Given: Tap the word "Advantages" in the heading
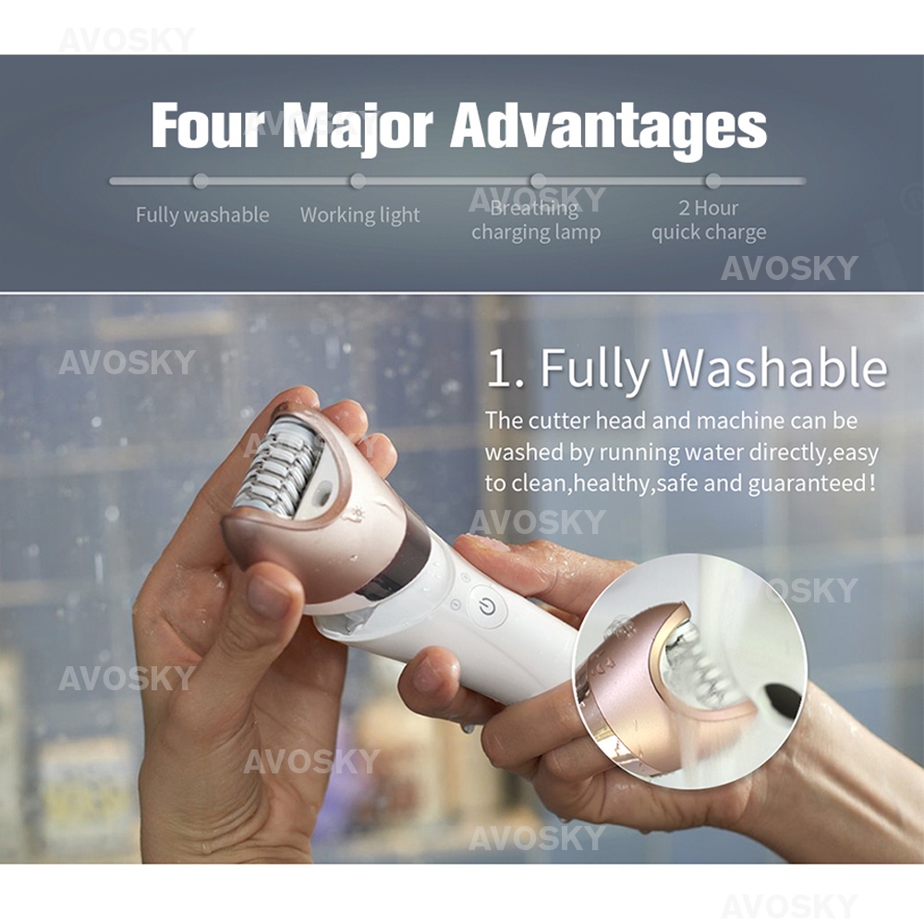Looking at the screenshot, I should (x=608, y=127).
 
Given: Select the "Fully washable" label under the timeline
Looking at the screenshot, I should (x=202, y=215).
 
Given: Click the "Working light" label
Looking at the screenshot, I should (x=359, y=215).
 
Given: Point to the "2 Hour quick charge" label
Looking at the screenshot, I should (x=709, y=220).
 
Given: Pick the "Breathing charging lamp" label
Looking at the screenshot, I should (x=536, y=221).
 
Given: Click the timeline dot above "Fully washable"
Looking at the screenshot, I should (x=201, y=181).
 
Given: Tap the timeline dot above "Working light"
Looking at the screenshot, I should (x=358, y=181).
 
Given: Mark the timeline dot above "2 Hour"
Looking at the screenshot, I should (x=712, y=181).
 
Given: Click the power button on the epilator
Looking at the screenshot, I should (x=487, y=606).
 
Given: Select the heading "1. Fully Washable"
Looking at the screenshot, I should (x=686, y=369).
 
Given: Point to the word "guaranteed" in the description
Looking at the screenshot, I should (x=807, y=483).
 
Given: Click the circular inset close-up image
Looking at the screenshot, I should (x=689, y=671).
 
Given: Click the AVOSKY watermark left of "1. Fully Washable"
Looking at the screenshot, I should (x=127, y=362).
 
